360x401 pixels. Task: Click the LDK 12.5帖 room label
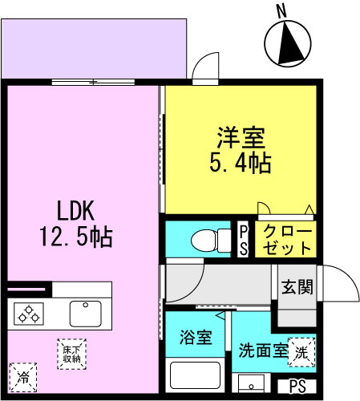76,224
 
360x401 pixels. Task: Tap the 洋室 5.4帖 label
241,150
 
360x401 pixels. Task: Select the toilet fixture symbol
211,241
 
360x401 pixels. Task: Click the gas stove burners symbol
29,314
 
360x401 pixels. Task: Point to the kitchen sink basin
86,314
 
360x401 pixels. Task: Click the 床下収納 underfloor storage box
71,354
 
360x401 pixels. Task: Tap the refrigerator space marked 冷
23,378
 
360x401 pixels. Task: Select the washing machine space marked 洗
301,352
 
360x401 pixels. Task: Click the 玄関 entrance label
297,287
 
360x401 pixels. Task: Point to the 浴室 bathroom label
196,337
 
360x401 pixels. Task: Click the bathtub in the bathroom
195,375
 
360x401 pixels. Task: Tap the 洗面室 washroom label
263,350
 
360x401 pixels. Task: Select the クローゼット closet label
287,239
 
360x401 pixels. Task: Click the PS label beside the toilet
243,240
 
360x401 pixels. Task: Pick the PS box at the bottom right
297,387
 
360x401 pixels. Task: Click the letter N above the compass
281,12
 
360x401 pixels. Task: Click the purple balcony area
94,48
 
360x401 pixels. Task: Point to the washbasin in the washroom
251,383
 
